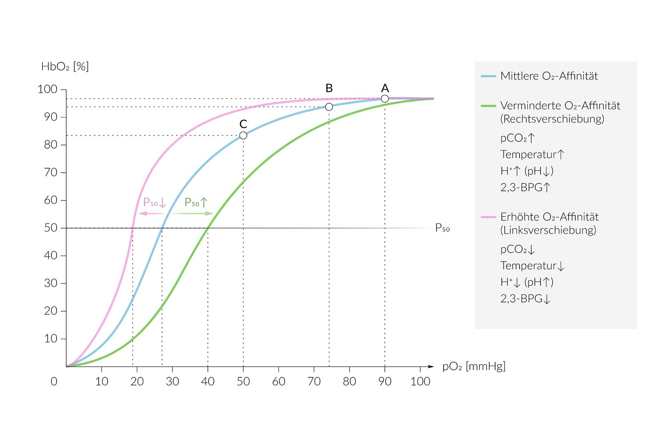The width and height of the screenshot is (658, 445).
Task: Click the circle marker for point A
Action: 385,99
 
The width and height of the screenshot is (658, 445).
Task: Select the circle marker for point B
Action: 329,107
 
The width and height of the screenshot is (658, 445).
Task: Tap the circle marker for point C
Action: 243,135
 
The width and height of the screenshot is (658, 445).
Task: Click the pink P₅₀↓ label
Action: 154,203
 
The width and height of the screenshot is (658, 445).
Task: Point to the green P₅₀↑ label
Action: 196,203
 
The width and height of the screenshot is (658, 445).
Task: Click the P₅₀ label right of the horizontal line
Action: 442,228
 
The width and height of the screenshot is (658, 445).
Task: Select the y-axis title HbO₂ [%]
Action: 65,67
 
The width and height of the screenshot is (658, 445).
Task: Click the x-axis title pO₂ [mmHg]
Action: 474,366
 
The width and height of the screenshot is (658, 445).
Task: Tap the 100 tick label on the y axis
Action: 48,89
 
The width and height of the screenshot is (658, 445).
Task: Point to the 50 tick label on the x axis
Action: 243,381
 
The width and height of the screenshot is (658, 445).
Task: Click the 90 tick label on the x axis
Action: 385,381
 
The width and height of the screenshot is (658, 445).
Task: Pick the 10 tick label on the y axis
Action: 51,339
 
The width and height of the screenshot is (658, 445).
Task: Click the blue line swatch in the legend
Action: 488,77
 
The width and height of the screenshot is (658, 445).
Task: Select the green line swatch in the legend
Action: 488,106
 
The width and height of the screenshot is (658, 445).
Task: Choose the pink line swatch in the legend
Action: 488,217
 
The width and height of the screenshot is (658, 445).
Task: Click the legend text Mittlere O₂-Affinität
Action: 549,76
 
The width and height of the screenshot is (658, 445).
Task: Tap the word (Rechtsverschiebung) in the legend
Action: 552,119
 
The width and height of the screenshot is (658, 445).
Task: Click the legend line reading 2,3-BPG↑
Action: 525,187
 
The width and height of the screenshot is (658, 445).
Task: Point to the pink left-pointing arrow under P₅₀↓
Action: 151,214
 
